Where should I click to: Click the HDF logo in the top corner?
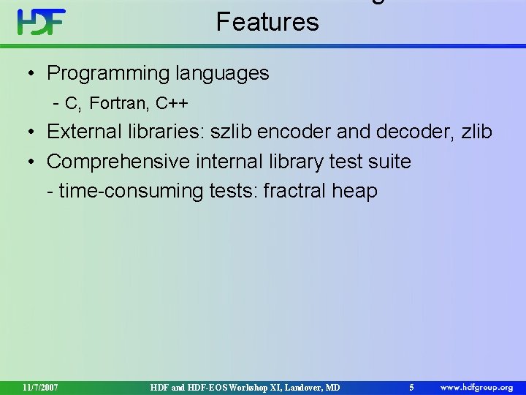pos(42,22)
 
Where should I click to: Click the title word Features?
pos(267,22)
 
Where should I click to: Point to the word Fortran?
pos(120,104)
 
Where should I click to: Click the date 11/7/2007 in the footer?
pos(40,386)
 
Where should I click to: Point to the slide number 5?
pos(412,386)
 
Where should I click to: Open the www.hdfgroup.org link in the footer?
pos(476,386)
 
